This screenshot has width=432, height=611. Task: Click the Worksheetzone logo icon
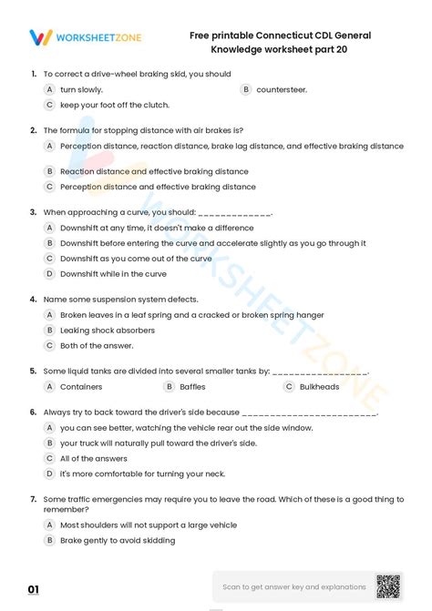[39, 37]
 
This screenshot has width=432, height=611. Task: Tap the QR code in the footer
[387, 586]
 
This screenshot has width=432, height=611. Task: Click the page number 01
[33, 590]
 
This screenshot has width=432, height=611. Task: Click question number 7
[33, 499]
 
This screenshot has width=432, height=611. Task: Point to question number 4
[33, 299]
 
